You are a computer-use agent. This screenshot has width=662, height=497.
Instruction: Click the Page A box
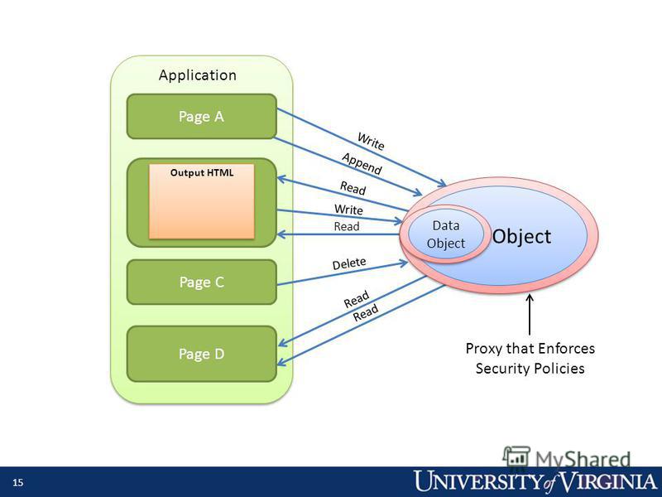coord(202,116)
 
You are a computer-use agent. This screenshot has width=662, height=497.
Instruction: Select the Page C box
coord(202,282)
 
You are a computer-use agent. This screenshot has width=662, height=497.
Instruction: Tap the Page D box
coord(202,354)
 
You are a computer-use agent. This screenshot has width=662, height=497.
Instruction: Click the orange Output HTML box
coord(202,201)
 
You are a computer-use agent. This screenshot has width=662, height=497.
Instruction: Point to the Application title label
coord(198,75)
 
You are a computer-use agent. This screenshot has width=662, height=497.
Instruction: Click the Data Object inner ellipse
coord(446,234)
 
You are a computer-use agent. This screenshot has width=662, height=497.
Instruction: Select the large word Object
coord(521,236)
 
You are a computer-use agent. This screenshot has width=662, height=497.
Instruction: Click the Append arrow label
coord(362,164)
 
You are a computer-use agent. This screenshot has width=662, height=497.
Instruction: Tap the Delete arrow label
coord(349,263)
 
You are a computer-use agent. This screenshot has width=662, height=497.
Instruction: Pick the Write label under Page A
coord(371,141)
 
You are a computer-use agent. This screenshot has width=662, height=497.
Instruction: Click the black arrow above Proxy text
coord(530,315)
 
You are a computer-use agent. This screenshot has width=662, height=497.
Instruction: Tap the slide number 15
coord(17,483)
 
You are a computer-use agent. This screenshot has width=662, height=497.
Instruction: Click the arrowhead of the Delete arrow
coord(404,263)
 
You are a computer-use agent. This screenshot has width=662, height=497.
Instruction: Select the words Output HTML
coord(202,173)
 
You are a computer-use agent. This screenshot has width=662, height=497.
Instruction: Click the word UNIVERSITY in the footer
coord(477,482)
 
